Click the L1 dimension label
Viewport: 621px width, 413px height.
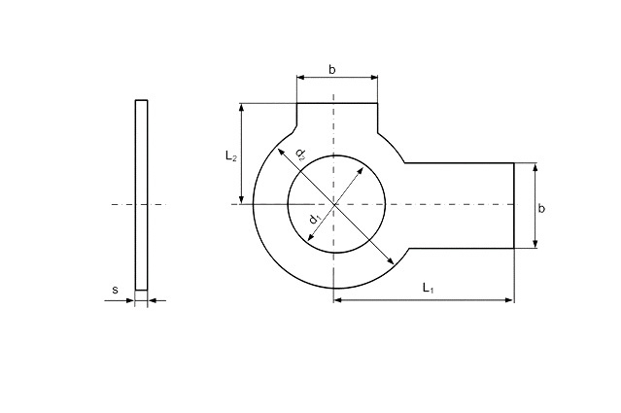pos(429,288)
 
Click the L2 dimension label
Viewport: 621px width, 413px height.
pos(231,156)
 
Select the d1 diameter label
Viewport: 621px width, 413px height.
pos(315,219)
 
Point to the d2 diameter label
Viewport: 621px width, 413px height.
pos(300,155)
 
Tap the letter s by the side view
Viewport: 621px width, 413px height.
pos(116,290)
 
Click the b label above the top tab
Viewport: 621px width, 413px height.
pos(332,70)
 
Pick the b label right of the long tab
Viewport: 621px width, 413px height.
pos(541,208)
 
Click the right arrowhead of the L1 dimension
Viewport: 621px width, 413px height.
pos(509,300)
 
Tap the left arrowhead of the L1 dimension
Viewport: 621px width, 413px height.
pos(337,300)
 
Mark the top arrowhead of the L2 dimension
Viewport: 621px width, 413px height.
pos(241,107)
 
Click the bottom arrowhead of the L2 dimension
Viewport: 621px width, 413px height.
pos(241,200)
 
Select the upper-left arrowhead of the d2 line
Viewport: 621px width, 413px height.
pos(280,152)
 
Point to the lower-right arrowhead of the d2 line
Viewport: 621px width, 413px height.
pos(391,260)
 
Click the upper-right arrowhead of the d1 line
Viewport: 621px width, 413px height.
pos(361,171)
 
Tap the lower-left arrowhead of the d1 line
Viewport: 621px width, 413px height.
pos(311,237)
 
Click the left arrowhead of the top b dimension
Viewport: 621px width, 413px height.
pos(301,78)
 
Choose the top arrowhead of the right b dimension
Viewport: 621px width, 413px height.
pos(535,167)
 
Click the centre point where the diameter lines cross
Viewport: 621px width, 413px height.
pos(334,204)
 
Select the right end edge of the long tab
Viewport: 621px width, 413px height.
pos(514,205)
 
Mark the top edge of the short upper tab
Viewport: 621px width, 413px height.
pos(337,103)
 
